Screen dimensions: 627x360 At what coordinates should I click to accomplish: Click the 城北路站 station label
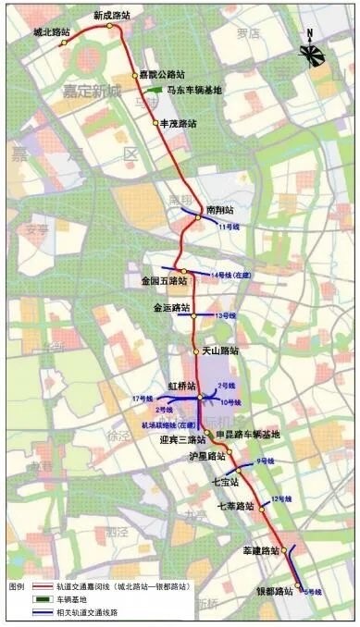pyautogui.click(x=52, y=31)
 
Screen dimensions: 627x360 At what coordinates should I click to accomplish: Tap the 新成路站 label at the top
pyautogui.click(x=111, y=16)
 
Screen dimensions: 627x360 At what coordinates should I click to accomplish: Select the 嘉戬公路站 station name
pyautogui.click(x=163, y=75)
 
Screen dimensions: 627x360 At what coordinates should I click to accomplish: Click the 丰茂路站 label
pyautogui.click(x=180, y=123)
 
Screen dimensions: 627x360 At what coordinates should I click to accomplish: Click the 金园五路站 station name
pyautogui.click(x=164, y=279)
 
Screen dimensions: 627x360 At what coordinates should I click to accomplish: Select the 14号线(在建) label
pyautogui.click(x=232, y=276)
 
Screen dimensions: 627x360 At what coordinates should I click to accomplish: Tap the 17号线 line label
pyautogui.click(x=142, y=398)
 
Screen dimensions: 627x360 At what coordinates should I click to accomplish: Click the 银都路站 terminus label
pyautogui.click(x=275, y=591)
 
